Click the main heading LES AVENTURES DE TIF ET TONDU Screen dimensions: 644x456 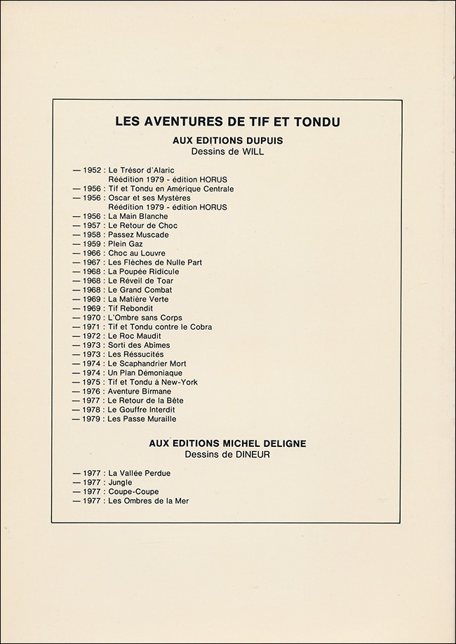coord(228,122)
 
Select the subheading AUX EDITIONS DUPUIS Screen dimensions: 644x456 coord(228,140)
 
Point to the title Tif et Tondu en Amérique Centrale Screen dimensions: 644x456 coord(170,189)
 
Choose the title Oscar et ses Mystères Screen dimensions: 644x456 coord(149,199)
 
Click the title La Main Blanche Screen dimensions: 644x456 coord(138,217)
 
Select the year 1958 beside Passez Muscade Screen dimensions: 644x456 coord(92,235)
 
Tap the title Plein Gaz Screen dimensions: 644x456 coord(125,244)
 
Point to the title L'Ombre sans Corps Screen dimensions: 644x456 coord(145,318)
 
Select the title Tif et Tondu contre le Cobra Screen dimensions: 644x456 coord(160,327)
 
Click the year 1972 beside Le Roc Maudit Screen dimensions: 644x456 coord(92,336)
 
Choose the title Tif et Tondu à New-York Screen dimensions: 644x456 coord(153,382)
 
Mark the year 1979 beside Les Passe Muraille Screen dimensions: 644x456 coord(92,419)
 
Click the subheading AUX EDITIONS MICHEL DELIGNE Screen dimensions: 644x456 coord(228,443)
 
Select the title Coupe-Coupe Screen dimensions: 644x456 coord(133,492)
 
